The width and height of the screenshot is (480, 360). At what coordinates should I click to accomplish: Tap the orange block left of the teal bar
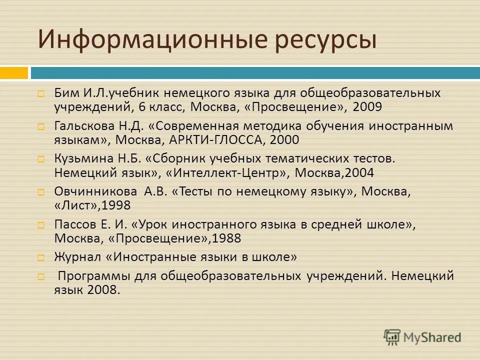(14, 73)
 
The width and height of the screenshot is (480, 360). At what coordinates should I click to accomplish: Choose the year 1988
(226, 238)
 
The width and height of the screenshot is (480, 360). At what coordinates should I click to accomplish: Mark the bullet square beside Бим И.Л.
(41, 93)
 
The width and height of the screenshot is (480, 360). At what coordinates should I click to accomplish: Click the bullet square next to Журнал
(41, 258)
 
